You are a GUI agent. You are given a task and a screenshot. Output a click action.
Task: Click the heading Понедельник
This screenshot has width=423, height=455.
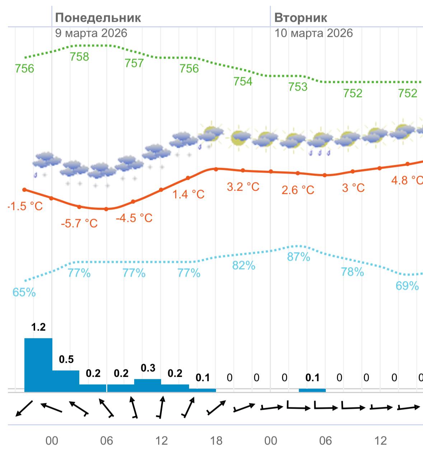[x=98, y=18]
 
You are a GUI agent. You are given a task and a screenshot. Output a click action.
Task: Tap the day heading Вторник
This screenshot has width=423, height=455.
[x=301, y=18]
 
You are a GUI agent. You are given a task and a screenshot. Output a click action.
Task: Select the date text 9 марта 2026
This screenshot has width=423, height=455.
[x=91, y=33]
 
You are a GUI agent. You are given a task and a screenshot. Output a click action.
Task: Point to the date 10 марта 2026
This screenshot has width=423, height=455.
[x=314, y=33]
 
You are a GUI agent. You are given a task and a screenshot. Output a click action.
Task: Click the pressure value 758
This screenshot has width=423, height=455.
[x=79, y=57]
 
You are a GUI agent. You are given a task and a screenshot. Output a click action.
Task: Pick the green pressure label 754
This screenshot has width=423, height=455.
[x=243, y=82]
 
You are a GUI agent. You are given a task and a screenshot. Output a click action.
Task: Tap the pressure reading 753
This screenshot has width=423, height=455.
[x=298, y=87]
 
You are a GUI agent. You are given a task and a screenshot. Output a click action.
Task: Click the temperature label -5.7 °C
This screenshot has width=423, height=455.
[x=79, y=224]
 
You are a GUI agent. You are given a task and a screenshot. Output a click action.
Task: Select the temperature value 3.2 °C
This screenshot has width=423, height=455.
[x=243, y=187]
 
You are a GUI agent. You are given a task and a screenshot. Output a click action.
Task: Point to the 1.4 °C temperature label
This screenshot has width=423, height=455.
[x=188, y=195]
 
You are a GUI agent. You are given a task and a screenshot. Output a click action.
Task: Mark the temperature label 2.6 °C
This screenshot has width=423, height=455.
[x=298, y=190]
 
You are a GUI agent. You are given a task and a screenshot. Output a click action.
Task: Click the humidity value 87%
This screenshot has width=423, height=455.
[x=299, y=257]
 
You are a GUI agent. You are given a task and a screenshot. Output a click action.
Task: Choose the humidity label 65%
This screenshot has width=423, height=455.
[x=24, y=293]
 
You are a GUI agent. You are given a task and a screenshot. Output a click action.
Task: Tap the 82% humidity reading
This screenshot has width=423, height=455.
[x=244, y=266]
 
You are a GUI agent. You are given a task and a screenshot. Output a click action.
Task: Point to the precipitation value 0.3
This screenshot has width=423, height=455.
[x=148, y=368]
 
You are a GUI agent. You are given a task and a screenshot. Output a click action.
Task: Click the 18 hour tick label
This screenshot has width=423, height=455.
[x=216, y=441]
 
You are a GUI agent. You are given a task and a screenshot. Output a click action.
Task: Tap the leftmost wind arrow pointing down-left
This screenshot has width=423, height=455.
[x=24, y=408]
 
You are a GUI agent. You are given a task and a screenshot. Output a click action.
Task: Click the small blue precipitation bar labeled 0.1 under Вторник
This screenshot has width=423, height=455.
[x=312, y=390]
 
